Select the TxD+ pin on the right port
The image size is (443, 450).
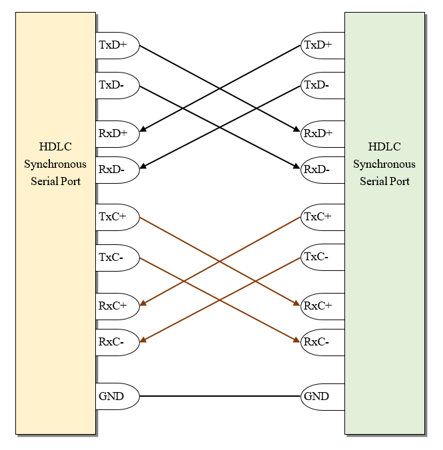pos(322,45)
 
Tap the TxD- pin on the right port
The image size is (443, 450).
pos(322,85)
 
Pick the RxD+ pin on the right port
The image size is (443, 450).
pos(322,133)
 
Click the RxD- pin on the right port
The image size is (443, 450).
pos(322,169)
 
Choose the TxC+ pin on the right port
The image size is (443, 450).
pos(322,217)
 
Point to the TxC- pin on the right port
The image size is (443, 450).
pos(322,257)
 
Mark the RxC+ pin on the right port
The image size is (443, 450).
pos(322,306)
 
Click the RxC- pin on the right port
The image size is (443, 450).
pos(322,342)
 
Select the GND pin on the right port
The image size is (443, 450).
pos(322,397)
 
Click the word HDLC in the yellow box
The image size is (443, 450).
pos(55,147)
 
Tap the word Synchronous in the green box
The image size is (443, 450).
pos(384,164)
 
